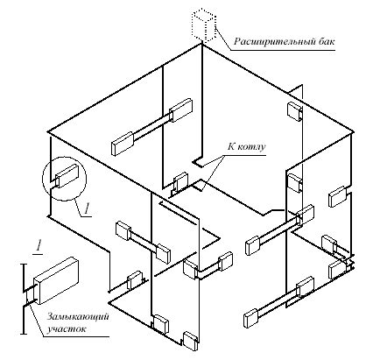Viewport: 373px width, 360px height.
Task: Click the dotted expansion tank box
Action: [x=204, y=25]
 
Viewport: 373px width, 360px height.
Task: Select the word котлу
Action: [x=250, y=146]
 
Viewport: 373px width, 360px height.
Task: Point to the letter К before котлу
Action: [x=231, y=146]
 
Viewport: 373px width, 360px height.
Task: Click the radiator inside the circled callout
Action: [x=67, y=176]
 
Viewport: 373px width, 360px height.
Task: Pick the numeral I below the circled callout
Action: [x=87, y=209]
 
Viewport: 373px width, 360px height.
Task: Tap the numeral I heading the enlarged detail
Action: [x=39, y=246]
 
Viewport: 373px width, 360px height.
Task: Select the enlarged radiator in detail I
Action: [x=56, y=280]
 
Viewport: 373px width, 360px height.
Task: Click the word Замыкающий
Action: [x=78, y=316]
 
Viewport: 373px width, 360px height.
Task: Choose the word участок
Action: [x=67, y=329]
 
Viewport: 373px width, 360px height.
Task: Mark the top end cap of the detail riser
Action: [x=24, y=265]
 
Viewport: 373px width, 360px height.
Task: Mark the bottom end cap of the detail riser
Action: [x=24, y=333]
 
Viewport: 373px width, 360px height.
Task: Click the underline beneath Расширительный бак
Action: [x=283, y=50]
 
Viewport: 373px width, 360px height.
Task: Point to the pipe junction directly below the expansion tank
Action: [x=201, y=44]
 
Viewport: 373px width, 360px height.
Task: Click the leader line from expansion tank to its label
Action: [x=223, y=39]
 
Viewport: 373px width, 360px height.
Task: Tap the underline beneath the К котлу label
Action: [x=244, y=155]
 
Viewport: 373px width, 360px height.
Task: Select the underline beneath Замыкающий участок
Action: [x=76, y=336]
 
